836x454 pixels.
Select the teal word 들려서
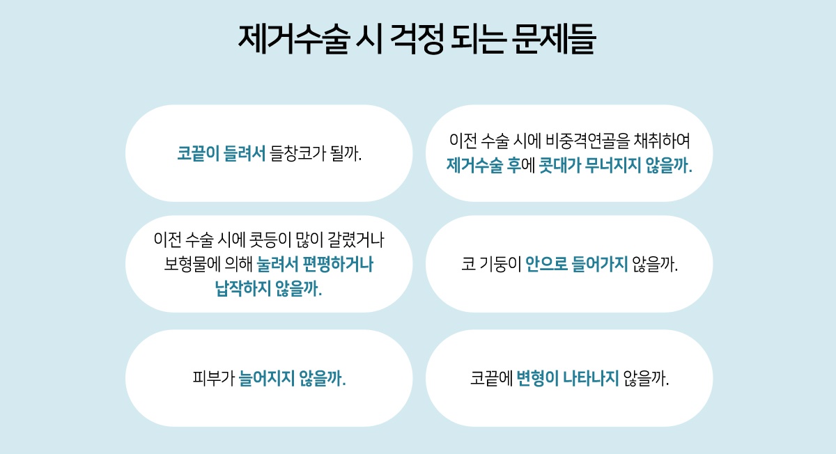245,153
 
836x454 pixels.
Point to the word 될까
346,153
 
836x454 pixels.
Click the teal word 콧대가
560,165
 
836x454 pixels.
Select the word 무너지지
613,165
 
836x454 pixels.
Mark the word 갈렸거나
356,240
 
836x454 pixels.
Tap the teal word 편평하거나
338,265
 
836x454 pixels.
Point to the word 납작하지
243,289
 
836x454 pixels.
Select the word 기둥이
500,265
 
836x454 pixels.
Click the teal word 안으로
546,265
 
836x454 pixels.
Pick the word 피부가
213,378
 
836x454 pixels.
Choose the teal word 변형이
537,378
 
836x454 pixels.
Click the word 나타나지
591,378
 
